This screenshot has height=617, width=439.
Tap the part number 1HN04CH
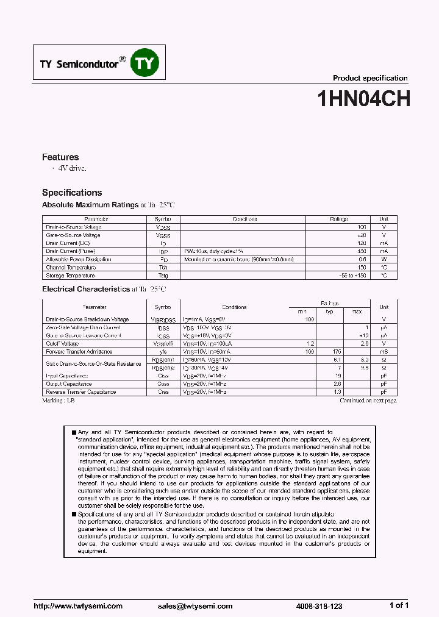363,99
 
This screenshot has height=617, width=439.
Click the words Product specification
369,78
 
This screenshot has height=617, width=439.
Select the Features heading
60,157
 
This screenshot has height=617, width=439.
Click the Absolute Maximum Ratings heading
90,205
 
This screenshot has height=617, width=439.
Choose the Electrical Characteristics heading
86,289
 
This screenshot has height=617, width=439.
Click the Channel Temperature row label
71,267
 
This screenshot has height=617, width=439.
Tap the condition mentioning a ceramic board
238,259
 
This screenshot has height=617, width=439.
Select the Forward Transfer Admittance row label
79,352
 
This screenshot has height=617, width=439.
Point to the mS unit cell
384,352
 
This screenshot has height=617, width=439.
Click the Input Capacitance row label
67,376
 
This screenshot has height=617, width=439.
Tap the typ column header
330,312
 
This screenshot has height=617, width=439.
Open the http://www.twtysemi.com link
77,606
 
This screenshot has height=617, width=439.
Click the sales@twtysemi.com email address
195,606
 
